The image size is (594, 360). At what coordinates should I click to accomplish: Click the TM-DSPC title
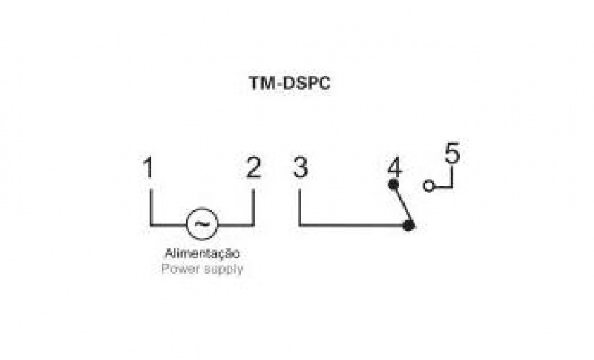(x=290, y=84)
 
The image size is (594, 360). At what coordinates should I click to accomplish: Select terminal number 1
(x=149, y=168)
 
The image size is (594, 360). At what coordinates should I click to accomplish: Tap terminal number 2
(x=254, y=168)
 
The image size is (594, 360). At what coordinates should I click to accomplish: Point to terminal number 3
(x=299, y=168)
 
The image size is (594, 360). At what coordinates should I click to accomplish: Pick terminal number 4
(x=394, y=167)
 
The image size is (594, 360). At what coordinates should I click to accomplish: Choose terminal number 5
(x=452, y=154)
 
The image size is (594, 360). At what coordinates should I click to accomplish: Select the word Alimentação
(x=202, y=253)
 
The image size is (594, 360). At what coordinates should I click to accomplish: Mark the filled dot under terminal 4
(x=393, y=183)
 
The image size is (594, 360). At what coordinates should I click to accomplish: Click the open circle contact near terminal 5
(x=428, y=186)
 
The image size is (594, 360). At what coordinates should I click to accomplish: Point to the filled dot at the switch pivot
(x=408, y=224)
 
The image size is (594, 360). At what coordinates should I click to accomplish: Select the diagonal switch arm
(x=400, y=204)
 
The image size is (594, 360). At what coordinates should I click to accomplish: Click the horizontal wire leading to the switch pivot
(x=353, y=224)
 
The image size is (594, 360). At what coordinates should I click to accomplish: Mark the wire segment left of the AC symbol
(x=168, y=224)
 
